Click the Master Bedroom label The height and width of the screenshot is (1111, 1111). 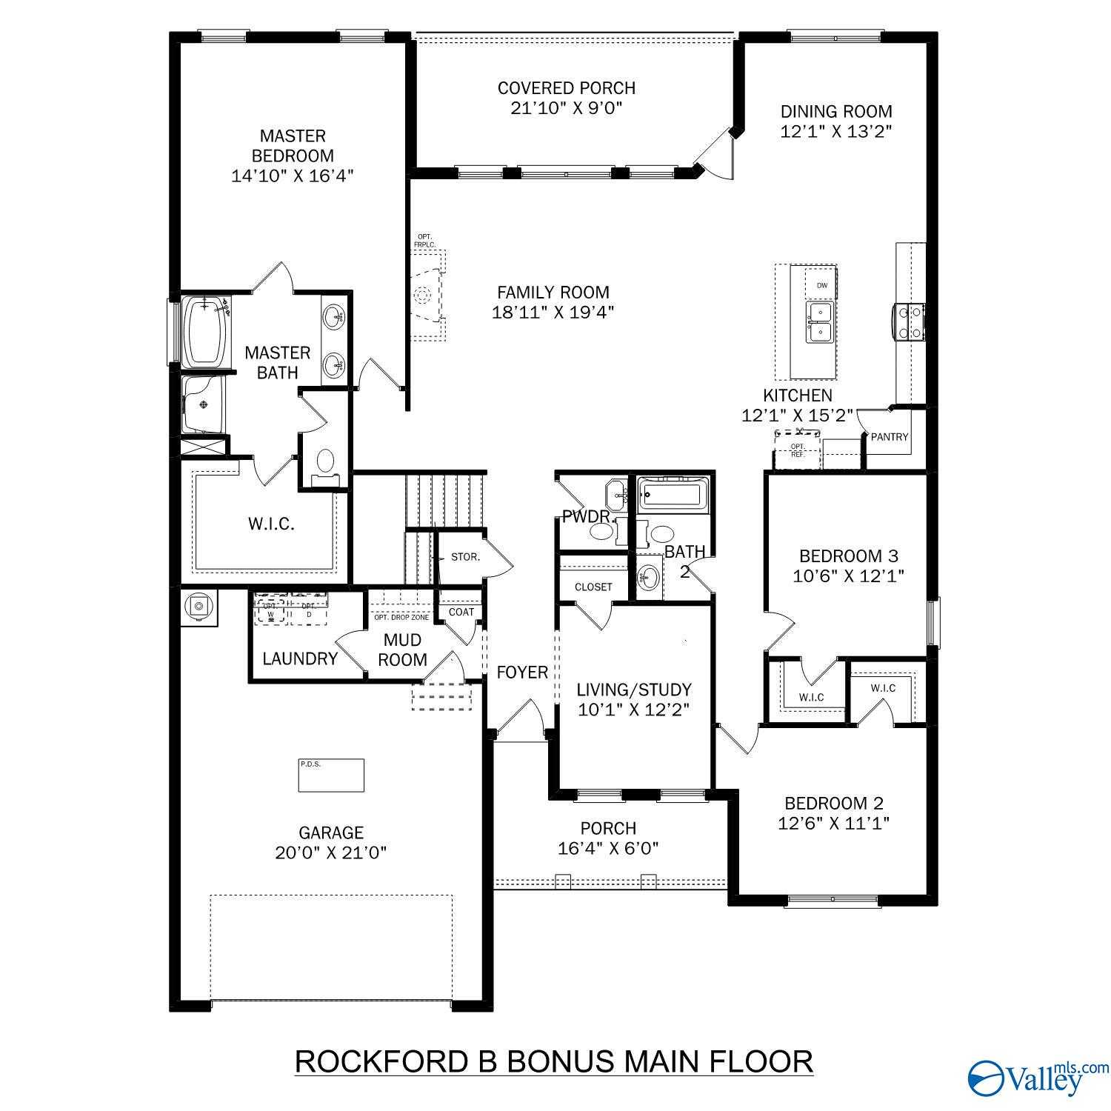[292, 146]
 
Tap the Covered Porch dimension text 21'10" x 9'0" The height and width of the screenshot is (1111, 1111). [566, 108]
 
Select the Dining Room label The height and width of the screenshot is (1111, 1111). [836, 112]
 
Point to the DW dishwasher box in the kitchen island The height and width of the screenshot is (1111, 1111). [821, 285]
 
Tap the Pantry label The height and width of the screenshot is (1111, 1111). [889, 437]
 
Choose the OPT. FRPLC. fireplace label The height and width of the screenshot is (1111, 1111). [424, 240]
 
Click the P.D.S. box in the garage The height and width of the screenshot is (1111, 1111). [331, 775]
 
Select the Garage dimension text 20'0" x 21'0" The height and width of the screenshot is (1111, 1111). [331, 853]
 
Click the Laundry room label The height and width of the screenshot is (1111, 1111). [300, 658]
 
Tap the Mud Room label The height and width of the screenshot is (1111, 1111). [402, 650]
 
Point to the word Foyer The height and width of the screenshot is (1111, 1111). [522, 672]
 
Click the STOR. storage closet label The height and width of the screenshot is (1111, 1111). [465, 556]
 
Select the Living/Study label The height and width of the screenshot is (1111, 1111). [634, 690]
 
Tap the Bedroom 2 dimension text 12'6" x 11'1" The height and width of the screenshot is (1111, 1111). [833, 823]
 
